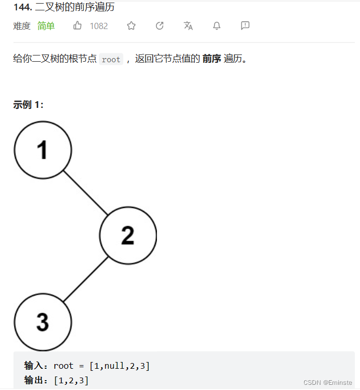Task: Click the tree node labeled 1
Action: pyautogui.click(x=42, y=150)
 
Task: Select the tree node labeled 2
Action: pyautogui.click(x=127, y=235)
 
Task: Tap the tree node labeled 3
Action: pyautogui.click(x=42, y=322)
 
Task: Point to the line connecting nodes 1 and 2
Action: pyautogui.click(x=85, y=192)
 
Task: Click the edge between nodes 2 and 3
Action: pyautogui.click(x=85, y=279)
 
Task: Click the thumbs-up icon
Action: pyautogui.click(x=78, y=25)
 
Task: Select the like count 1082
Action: pyautogui.click(x=99, y=26)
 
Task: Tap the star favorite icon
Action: pyautogui.click(x=132, y=25)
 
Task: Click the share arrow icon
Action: pyautogui.click(x=160, y=25)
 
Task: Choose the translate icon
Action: pyautogui.click(x=188, y=25)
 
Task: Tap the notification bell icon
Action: pyautogui.click(x=217, y=25)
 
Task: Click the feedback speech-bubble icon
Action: pyautogui.click(x=245, y=25)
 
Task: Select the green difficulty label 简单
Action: pyautogui.click(x=46, y=26)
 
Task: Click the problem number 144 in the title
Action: pyautogui.click(x=22, y=7)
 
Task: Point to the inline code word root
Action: pyautogui.click(x=111, y=60)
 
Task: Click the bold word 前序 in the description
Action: pyautogui.click(x=211, y=59)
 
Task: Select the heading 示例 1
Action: pyautogui.click(x=28, y=105)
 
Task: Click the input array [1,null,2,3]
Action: pyautogui.click(x=119, y=366)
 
